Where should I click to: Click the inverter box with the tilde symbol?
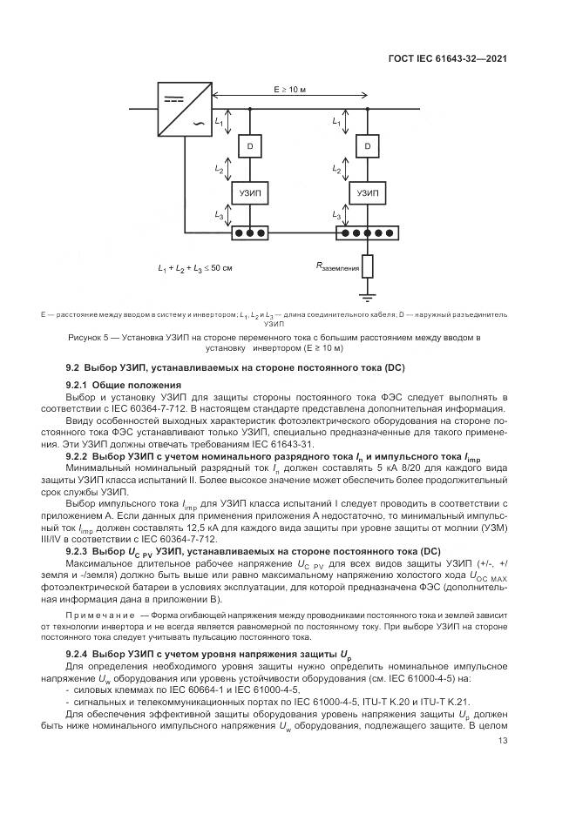pyautogui.click(x=185, y=110)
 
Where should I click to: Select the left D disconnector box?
pyautogui.click(x=250, y=146)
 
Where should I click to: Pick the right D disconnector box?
pyautogui.click(x=368, y=146)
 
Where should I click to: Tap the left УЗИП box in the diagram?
pyautogui.click(x=250, y=193)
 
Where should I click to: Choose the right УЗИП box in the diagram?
pyautogui.click(x=368, y=193)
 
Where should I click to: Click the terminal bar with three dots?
pyautogui.click(x=250, y=232)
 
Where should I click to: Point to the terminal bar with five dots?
pyautogui.click(x=368, y=232)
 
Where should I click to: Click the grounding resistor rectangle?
pyautogui.click(x=368, y=266)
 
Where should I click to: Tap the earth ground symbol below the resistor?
pyautogui.click(x=368, y=298)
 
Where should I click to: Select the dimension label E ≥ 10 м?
pyautogui.click(x=290, y=90)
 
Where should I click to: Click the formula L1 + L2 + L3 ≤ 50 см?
pyautogui.click(x=195, y=269)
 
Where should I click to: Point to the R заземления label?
pyautogui.click(x=337, y=266)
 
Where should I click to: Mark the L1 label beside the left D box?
pyautogui.click(x=219, y=122)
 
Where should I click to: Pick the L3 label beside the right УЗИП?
pyautogui.click(x=336, y=215)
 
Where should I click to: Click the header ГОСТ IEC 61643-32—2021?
pyautogui.click(x=448, y=58)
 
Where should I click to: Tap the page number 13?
pyautogui.click(x=502, y=740)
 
